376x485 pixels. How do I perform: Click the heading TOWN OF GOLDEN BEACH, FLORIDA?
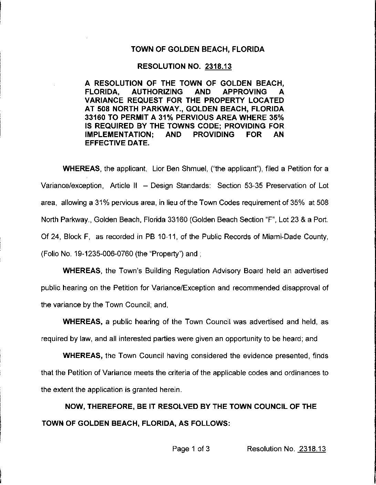pyautogui.click(x=198, y=49)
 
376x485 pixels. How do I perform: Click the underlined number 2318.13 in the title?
pyautogui.click(x=218, y=66)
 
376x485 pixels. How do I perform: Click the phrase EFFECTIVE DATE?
pyautogui.click(x=117, y=143)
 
